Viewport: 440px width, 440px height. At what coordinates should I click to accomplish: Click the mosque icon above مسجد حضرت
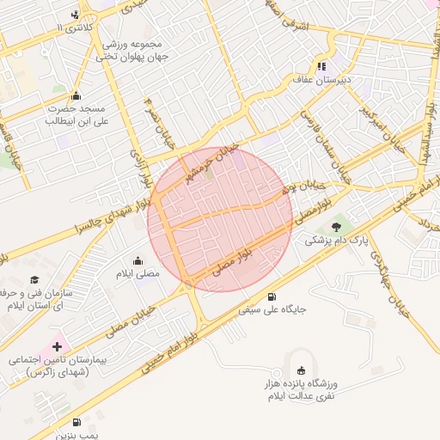76,95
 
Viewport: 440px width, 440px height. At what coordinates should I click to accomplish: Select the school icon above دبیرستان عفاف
321,65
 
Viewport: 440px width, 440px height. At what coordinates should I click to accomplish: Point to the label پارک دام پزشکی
335,241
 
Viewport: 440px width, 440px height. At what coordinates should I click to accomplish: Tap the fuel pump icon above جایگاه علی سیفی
272,295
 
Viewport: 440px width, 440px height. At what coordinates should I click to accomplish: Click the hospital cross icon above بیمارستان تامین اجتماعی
57,346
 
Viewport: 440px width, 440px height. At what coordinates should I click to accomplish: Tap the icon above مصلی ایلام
137,260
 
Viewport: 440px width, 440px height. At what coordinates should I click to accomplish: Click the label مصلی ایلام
137,273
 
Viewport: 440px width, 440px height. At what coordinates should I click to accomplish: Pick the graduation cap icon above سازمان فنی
34,279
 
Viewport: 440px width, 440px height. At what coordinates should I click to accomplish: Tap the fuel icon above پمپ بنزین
76,422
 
